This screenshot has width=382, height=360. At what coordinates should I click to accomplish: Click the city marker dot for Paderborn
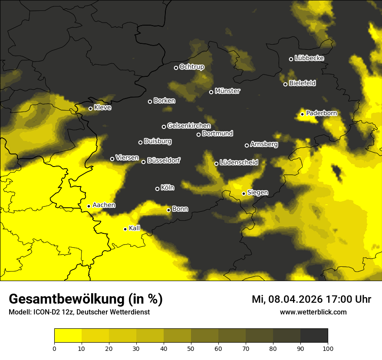point(303,114)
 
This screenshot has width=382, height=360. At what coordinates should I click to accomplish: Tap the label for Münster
point(227,91)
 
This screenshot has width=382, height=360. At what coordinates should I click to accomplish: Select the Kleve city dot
point(90,108)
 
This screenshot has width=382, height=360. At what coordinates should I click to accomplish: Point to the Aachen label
point(104,205)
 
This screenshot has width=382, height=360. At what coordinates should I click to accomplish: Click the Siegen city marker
point(244,193)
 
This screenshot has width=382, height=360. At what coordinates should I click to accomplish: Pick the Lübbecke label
point(309,58)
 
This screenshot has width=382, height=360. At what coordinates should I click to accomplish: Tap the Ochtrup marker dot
point(176,68)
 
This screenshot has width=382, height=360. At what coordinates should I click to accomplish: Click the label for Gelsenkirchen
point(189,126)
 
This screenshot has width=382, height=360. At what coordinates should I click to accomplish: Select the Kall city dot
point(125,229)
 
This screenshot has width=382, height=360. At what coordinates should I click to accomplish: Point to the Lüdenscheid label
point(239,163)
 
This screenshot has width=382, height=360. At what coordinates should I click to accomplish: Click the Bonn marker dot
point(169,210)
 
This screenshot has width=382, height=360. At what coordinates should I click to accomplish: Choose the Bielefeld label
point(302,83)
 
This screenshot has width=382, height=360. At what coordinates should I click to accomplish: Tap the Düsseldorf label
point(164,161)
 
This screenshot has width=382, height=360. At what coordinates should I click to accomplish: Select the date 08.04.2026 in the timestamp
point(293,299)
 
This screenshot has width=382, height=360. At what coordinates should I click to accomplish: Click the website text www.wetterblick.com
point(313,312)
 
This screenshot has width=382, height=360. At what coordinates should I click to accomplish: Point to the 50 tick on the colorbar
point(191,348)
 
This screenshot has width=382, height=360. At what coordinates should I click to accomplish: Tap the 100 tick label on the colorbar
point(328,348)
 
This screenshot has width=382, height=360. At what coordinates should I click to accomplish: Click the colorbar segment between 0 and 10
point(68,335)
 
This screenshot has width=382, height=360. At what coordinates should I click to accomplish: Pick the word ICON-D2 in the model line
point(45,312)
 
